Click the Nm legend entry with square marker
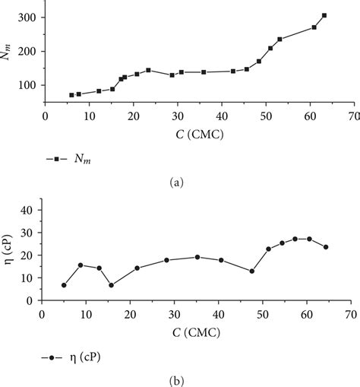[x=69, y=158]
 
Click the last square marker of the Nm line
[x=324, y=15]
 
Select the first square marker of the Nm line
[x=72, y=95]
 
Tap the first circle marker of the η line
[x=64, y=285]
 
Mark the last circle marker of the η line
[x=326, y=247]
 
